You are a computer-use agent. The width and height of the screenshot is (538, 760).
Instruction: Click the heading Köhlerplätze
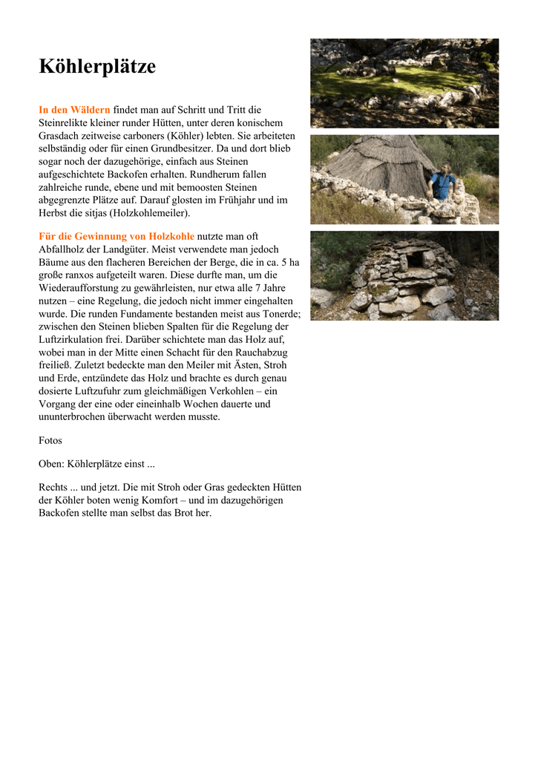[x=97, y=68]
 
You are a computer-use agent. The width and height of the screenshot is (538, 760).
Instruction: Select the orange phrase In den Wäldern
[x=74, y=110]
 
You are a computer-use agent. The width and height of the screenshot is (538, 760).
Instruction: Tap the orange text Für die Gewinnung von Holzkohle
[x=117, y=236]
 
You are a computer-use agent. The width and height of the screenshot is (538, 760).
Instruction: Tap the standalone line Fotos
[x=50, y=441]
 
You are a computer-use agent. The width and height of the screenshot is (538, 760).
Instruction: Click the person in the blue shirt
[x=443, y=182]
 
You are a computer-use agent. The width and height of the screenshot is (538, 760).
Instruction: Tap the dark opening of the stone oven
[x=416, y=259]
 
